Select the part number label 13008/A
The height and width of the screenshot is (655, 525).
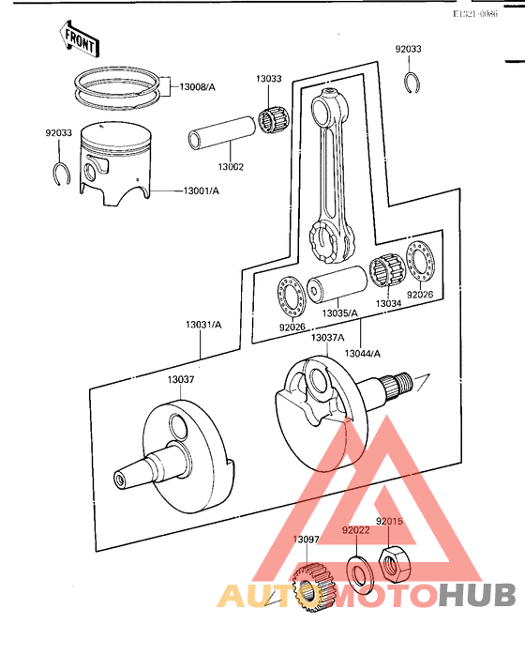pyautogui.click(x=194, y=86)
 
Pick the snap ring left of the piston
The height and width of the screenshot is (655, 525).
pyautogui.click(x=60, y=173)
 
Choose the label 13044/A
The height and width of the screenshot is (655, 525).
pyautogui.click(x=362, y=354)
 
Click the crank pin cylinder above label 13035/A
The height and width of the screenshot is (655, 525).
pyautogui.click(x=337, y=286)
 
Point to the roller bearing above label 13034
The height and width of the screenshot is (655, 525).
pyautogui.click(x=388, y=274)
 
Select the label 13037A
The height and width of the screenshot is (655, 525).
pyautogui.click(x=327, y=337)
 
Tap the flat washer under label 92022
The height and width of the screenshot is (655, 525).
pyautogui.click(x=357, y=571)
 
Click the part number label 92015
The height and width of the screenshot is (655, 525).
pyautogui.click(x=390, y=521)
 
